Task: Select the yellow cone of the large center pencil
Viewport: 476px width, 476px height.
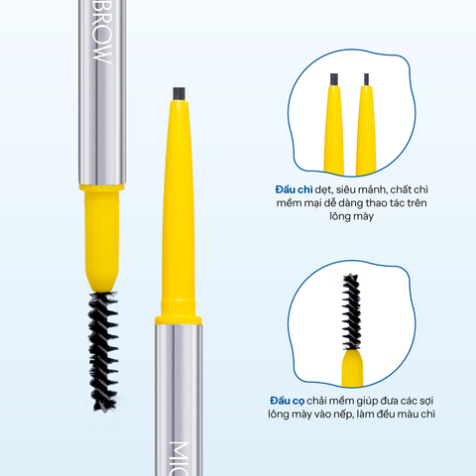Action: tap(179, 208)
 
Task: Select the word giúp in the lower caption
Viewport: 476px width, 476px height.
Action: tap(389, 400)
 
